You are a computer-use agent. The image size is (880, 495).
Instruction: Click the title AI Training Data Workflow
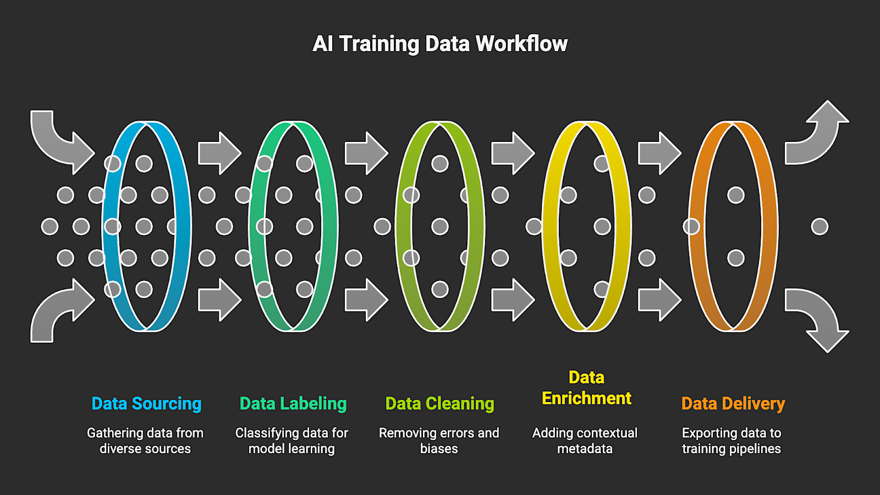click(440, 44)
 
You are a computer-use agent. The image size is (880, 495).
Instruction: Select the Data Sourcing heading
click(146, 404)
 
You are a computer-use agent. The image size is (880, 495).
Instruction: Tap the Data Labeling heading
click(293, 404)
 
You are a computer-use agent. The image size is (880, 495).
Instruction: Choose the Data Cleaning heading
click(439, 404)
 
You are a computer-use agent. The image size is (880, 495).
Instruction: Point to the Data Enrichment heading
click(586, 388)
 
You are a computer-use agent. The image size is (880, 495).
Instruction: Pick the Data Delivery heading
click(733, 404)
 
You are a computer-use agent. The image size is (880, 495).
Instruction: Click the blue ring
click(183, 227)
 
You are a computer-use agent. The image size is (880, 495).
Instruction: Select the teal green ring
click(329, 227)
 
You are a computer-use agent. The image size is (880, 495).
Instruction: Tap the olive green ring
click(476, 227)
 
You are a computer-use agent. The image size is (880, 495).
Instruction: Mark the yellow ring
click(623, 227)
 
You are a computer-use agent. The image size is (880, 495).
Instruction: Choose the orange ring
click(769, 227)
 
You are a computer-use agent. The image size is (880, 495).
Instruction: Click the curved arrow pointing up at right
click(820, 135)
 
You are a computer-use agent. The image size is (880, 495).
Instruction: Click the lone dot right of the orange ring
click(820, 227)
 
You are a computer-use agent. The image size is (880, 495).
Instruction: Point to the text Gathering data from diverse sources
click(145, 441)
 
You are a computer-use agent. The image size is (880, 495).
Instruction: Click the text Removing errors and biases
click(439, 441)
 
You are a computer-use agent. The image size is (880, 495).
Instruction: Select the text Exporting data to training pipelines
click(732, 441)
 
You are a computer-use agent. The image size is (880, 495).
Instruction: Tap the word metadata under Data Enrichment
click(585, 449)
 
